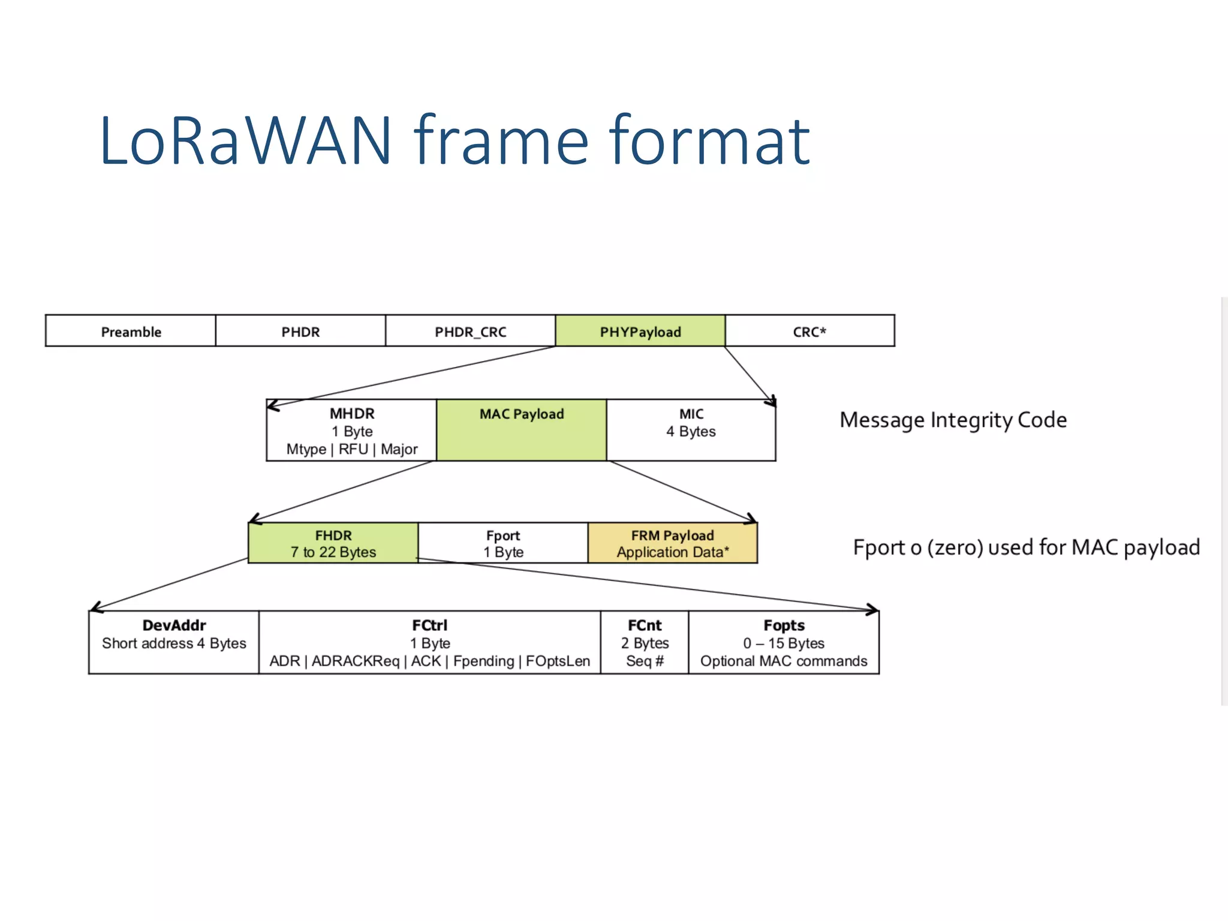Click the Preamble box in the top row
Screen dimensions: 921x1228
pos(131,331)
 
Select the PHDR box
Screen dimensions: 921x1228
pos(300,331)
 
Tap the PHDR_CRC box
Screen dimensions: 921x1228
pos(471,331)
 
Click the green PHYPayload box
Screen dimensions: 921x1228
pos(640,331)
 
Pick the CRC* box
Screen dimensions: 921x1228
pos(809,331)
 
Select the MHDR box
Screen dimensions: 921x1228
pos(352,431)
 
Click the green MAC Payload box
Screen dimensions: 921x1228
pos(522,431)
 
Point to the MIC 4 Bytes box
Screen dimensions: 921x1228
pos(691,431)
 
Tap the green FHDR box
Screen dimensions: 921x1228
pos(333,543)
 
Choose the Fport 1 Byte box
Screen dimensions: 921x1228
pos(503,543)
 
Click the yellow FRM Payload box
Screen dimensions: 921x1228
pos(673,543)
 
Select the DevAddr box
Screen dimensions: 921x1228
pos(174,642)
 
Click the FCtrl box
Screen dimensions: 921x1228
pos(429,642)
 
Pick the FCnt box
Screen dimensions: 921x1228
pos(645,642)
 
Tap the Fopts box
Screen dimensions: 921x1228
pos(784,642)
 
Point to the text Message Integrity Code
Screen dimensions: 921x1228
pos(953,420)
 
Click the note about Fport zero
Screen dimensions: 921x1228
pos(1026,547)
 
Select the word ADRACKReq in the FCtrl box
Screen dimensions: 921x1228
pos(356,661)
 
